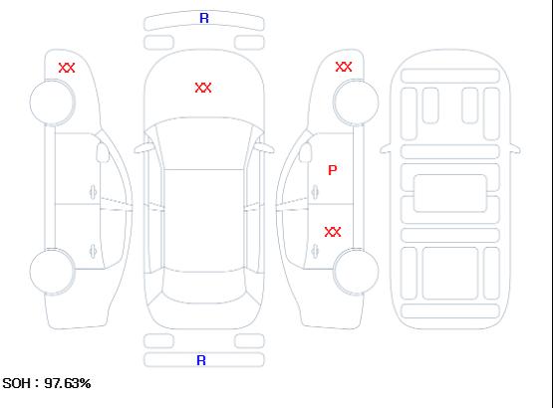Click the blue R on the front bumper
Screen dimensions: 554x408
(204, 18)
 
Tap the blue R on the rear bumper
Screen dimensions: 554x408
(201, 360)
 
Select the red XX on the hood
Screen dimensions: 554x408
(203, 88)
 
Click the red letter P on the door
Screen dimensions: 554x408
(333, 170)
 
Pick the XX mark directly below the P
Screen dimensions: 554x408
(333, 232)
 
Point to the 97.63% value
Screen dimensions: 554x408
(68, 383)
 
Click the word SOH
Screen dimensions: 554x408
(16, 383)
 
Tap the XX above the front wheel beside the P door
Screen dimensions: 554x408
(344, 67)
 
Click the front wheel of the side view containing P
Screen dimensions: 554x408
(356, 102)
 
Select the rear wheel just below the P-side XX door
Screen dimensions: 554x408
(356, 272)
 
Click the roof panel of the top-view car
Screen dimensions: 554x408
(204, 221)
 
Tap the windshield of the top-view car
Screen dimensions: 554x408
(204, 143)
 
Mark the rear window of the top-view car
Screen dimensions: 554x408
(204, 288)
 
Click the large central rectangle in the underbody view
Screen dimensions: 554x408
(449, 193)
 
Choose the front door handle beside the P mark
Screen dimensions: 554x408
(315, 192)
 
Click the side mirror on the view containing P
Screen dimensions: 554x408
(306, 152)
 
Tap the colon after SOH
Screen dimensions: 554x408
(37, 384)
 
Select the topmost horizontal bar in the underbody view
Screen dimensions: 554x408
(450, 76)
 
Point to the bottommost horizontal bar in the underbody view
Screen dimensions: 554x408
(450, 310)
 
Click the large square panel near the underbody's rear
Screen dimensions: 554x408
(450, 274)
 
